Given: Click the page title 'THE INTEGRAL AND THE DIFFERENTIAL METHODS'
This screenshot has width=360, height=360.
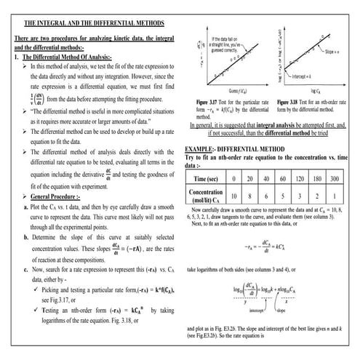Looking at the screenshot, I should [89, 23].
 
